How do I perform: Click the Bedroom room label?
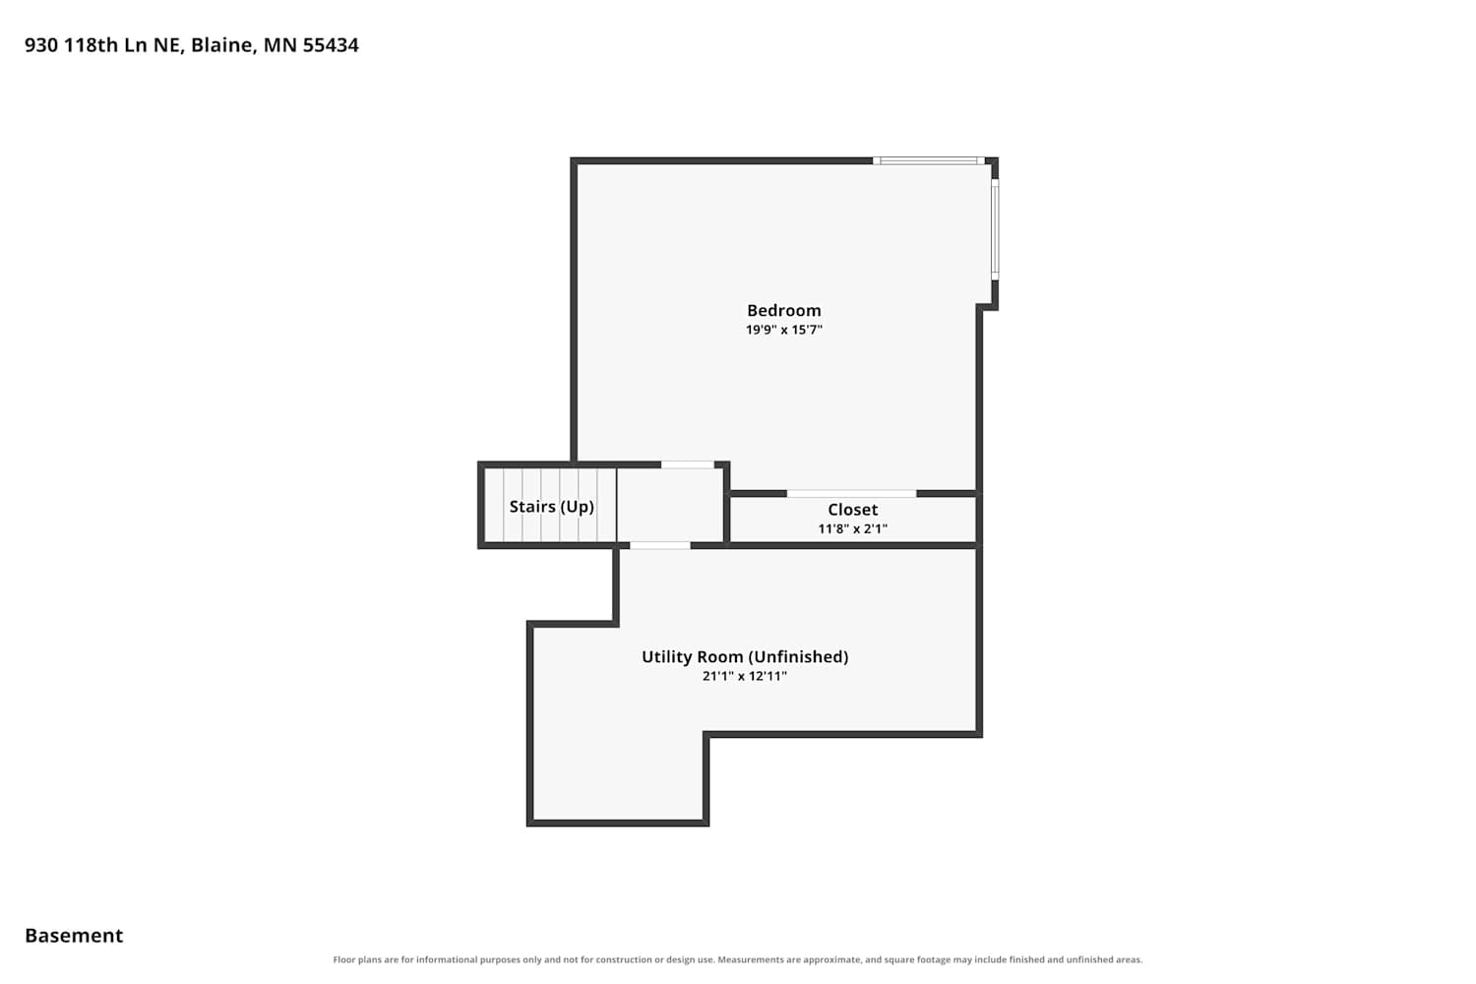tap(783, 310)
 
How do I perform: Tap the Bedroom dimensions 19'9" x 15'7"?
tap(783, 330)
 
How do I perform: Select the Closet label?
tap(853, 510)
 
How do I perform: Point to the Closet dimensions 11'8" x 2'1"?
tap(853, 528)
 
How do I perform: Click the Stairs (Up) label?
tap(551, 506)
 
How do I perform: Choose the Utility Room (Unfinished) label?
tap(745, 656)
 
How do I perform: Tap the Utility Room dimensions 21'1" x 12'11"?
tap(745, 676)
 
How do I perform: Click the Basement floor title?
tap(74, 935)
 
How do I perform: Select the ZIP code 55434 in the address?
tap(330, 45)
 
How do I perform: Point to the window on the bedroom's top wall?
tap(929, 160)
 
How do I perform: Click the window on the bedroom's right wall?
tap(995, 229)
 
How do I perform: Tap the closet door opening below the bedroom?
tap(851, 494)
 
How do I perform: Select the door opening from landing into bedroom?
tap(687, 464)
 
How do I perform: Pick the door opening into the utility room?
tap(660, 546)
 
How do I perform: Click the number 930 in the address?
tap(41, 45)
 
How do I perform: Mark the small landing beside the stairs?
tap(670, 505)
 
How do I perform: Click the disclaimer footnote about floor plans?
tap(737, 959)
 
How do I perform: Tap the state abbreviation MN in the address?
tap(279, 45)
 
